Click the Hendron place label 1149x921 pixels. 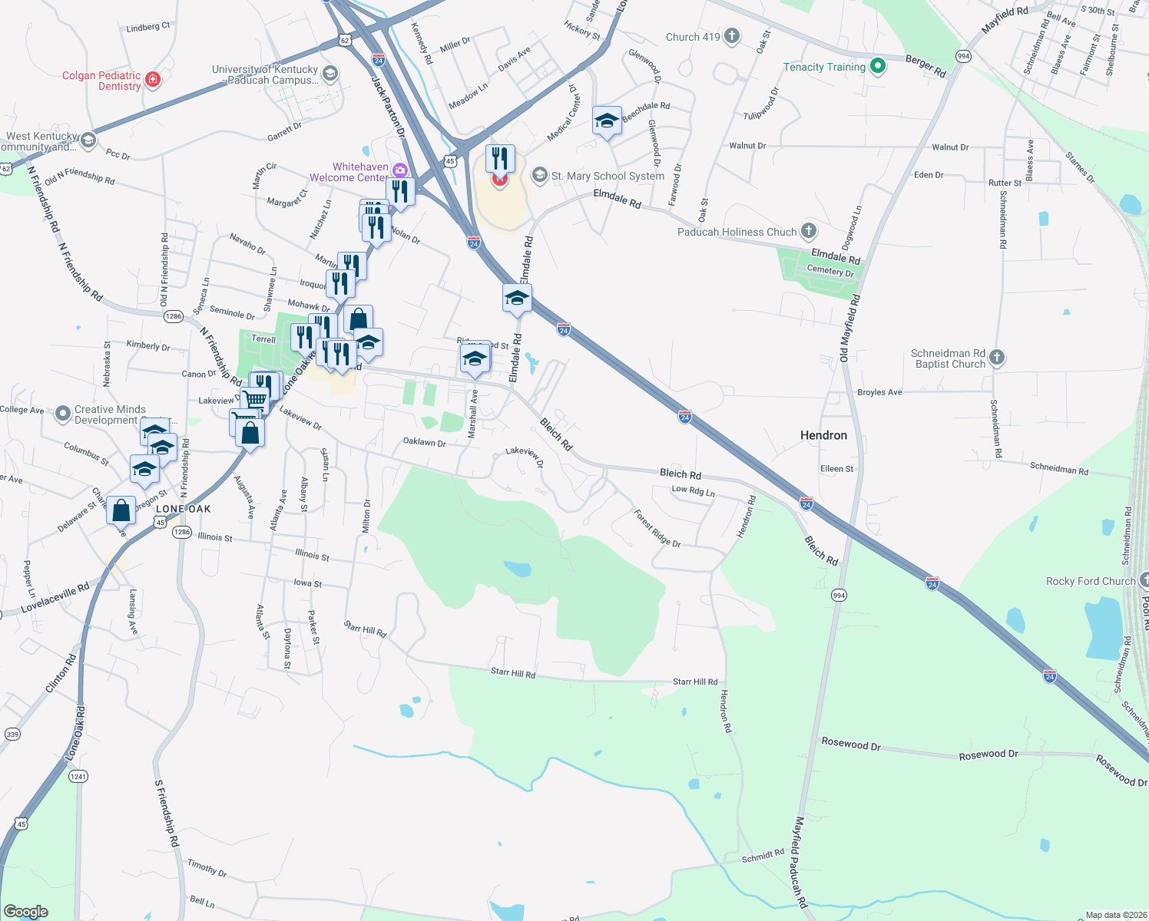[823, 435]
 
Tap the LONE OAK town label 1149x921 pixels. [183, 509]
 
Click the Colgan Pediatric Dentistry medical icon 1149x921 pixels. [153, 80]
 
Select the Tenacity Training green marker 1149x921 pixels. [878, 67]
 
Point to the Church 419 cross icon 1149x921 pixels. [732, 36]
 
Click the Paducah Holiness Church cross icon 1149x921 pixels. [808, 231]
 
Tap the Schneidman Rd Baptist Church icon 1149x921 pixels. [996, 358]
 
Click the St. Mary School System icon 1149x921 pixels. [540, 176]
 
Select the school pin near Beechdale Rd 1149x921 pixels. [607, 121]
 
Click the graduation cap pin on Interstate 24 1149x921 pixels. [517, 298]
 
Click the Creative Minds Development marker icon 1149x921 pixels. [63, 414]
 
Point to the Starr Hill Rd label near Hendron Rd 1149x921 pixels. [695, 682]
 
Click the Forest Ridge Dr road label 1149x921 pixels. [657, 528]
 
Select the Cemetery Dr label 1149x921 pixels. [830, 271]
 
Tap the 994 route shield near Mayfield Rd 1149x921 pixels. [963, 56]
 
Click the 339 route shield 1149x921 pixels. [12, 734]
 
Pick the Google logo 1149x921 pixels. [25, 912]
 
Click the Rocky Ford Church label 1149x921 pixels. [1090, 581]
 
